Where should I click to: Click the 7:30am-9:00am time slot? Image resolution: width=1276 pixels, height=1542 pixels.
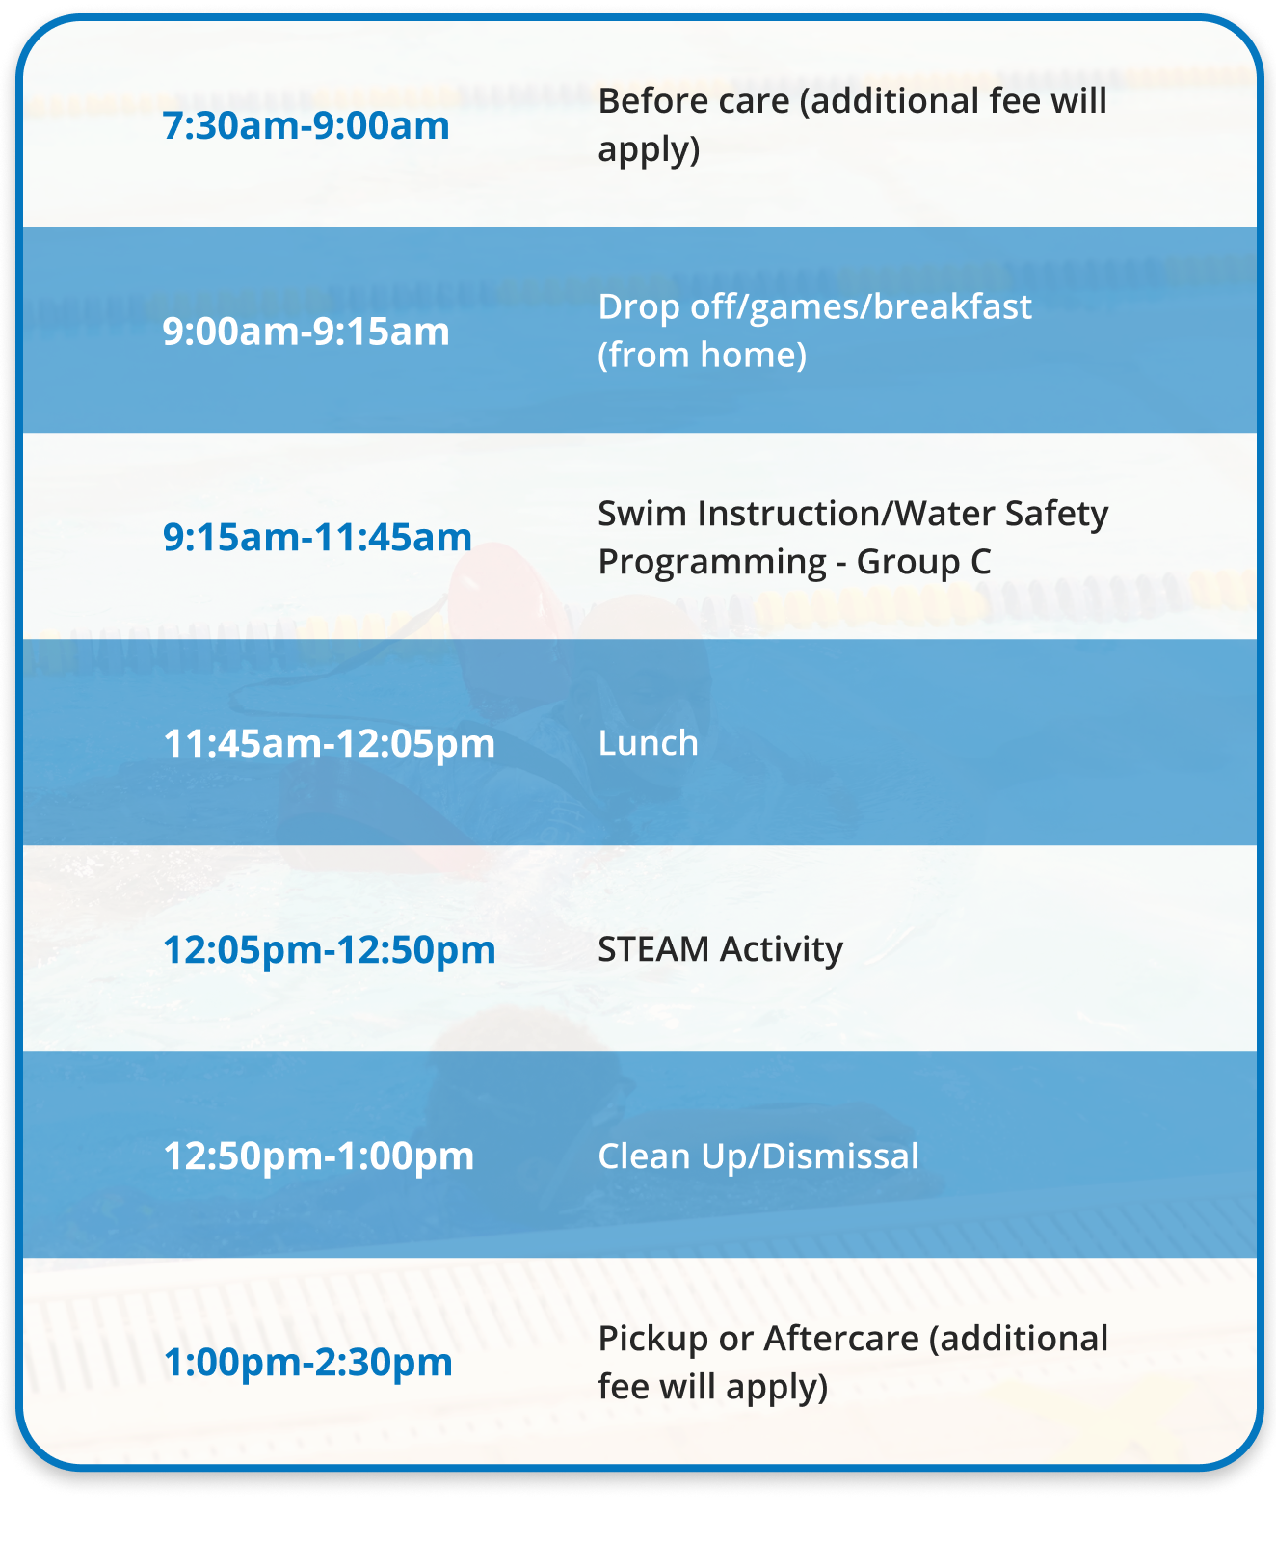(x=306, y=126)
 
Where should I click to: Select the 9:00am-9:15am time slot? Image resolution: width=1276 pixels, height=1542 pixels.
(x=306, y=332)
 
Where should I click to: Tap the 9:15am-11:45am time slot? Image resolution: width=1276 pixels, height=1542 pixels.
(x=318, y=538)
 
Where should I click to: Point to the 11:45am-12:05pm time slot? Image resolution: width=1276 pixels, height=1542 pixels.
(x=330, y=744)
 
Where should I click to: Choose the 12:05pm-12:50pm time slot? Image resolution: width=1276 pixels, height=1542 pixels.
(x=330, y=950)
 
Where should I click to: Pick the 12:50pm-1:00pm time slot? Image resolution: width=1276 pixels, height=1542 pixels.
(x=319, y=1156)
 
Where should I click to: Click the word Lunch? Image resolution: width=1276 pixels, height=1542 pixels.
(x=649, y=743)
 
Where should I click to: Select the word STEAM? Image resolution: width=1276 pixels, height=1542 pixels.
(x=654, y=949)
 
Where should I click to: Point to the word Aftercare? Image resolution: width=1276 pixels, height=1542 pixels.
(x=841, y=1339)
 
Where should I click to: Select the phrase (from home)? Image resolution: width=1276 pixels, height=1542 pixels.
(x=703, y=355)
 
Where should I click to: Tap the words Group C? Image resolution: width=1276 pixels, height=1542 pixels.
(x=924, y=562)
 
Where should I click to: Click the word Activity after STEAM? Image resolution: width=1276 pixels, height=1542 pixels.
(x=782, y=950)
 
